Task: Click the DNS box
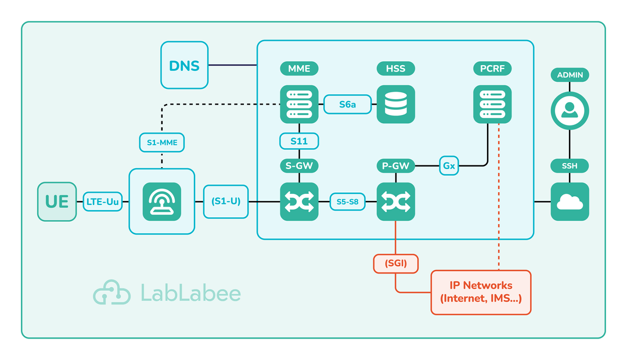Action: (x=184, y=65)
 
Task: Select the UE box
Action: (x=57, y=201)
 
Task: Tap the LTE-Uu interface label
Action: (x=103, y=201)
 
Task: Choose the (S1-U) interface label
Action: (x=226, y=201)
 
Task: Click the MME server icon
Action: (x=299, y=105)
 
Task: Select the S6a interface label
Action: (x=347, y=105)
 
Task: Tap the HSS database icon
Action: (x=395, y=105)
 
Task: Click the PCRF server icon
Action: (x=492, y=105)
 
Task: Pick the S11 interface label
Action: (x=299, y=141)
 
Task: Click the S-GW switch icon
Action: (x=299, y=201)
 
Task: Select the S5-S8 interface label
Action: (x=347, y=202)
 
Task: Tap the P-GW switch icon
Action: (x=395, y=201)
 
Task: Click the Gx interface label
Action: (x=449, y=166)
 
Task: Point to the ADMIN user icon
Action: (x=570, y=110)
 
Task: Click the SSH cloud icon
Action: (x=570, y=201)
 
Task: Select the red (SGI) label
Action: (x=395, y=264)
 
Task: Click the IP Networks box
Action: (x=481, y=292)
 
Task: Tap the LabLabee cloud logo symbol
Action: (x=112, y=293)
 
